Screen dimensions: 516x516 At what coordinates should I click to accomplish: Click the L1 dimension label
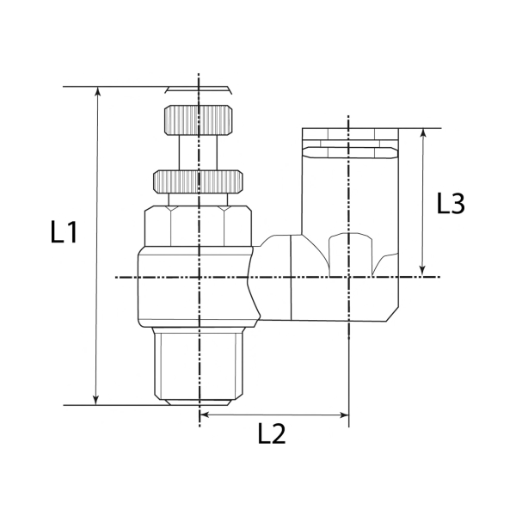[64, 232]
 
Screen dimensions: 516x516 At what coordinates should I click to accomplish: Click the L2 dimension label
[272, 434]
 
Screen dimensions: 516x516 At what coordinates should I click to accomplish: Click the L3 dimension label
[451, 204]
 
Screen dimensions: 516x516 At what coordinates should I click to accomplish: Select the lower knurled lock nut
[199, 181]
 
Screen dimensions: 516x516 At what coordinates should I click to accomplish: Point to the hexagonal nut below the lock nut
[199, 225]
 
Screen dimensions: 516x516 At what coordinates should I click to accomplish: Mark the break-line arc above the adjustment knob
[199, 89]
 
